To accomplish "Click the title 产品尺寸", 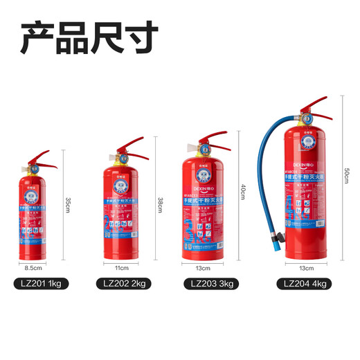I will coord(90,39).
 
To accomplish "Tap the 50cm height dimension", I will coord(345,176).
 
